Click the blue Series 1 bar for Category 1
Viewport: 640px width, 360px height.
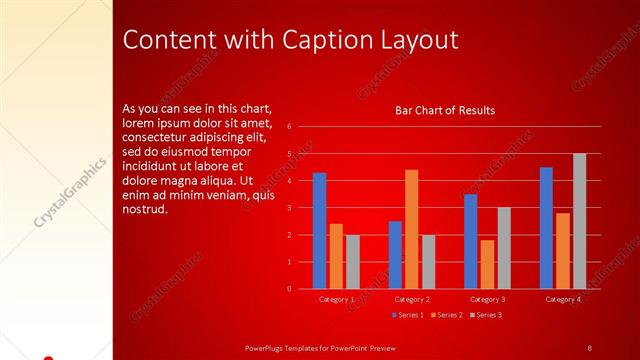tap(319, 231)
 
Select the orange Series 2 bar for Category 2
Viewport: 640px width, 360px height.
tap(411, 229)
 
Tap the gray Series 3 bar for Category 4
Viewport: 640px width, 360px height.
tap(579, 221)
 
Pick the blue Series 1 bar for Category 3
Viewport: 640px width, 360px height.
tap(471, 241)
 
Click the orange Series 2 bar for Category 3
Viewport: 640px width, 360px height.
tap(487, 264)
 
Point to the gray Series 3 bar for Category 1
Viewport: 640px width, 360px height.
tap(352, 262)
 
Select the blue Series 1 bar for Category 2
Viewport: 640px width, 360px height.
tap(395, 255)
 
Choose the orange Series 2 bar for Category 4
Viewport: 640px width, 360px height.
tap(563, 251)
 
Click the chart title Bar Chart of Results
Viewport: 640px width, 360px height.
tap(445, 110)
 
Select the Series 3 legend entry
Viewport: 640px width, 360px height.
tap(487, 315)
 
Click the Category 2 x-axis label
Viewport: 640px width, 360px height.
tap(412, 299)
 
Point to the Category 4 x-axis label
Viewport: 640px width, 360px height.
tap(563, 299)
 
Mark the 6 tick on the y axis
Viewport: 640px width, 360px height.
tap(288, 127)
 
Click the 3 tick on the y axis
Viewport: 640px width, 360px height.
tap(288, 208)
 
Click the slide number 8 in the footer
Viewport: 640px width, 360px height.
tap(589, 347)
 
